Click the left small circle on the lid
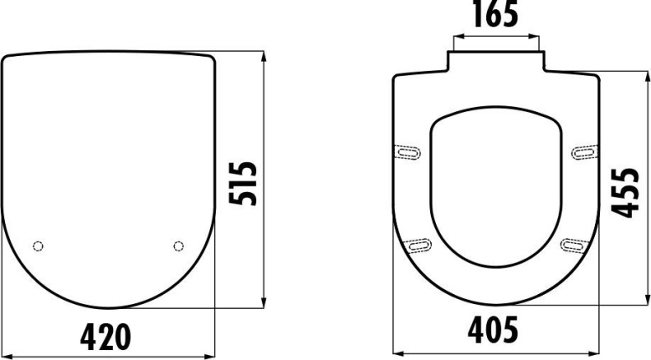pyautogui.click(x=37, y=246)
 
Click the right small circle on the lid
pyautogui.click(x=179, y=245)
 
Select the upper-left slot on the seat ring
pyautogui.click(x=408, y=151)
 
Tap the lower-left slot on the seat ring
pyautogui.click(x=419, y=242)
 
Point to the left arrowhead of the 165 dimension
pyautogui.click(x=453, y=36)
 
